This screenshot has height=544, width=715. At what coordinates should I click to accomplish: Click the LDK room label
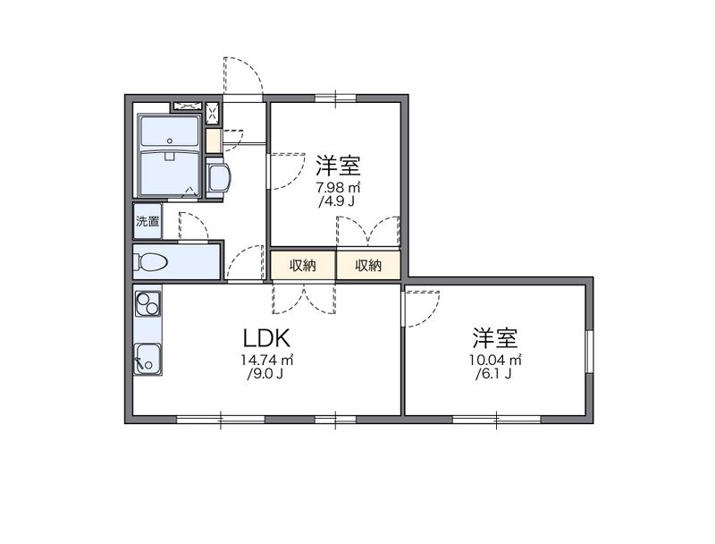point(266,339)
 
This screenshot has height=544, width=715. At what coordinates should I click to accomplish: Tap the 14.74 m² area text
point(266,360)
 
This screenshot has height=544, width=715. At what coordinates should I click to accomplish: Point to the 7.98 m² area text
point(339,188)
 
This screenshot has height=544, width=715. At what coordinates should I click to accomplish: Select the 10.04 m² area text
point(496,360)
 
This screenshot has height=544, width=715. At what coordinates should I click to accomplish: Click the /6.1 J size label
point(494,374)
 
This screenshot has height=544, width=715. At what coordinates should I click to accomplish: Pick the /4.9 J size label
point(337,202)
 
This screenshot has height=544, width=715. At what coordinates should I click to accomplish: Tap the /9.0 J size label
point(265,374)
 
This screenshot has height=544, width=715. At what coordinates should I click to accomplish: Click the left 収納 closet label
point(303,266)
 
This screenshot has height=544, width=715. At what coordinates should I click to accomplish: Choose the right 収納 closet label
point(368,266)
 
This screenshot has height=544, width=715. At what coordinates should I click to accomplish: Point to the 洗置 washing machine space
point(147,222)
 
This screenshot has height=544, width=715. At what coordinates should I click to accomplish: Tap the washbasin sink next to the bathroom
point(218,177)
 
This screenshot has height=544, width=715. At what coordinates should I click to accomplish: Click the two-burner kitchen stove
point(147,304)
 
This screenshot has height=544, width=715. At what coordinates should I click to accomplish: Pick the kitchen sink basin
point(147,358)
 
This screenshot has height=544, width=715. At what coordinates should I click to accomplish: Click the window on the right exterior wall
point(589,350)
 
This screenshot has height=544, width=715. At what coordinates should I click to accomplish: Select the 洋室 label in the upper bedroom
point(339,166)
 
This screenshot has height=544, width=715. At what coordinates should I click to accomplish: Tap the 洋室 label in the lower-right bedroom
point(496,338)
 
